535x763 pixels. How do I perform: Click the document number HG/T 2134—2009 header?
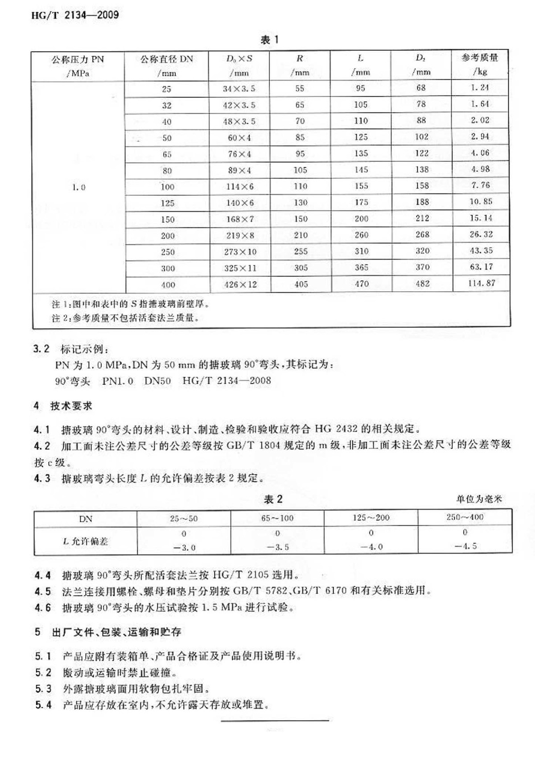[75, 15]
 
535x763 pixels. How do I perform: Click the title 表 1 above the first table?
[269, 40]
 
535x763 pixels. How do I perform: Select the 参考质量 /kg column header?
[480, 64]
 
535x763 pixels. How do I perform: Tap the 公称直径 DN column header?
[167, 66]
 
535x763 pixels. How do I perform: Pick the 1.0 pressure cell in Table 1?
[78, 187]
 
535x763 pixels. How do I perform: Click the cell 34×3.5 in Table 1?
[239, 89]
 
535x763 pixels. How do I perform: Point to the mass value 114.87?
[481, 283]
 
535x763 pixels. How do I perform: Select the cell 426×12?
[240, 285]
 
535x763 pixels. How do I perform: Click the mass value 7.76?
[480, 185]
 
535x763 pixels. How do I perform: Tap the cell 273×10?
[240, 252]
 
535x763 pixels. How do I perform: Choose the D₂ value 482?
[422, 284]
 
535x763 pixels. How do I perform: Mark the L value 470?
[362, 284]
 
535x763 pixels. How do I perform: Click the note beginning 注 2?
[125, 318]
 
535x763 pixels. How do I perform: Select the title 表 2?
[273, 499]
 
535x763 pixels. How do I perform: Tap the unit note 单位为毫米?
[479, 499]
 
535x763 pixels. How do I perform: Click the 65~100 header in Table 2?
[277, 518]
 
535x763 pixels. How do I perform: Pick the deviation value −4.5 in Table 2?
[465, 546]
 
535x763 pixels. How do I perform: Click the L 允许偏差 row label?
[85, 541]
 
